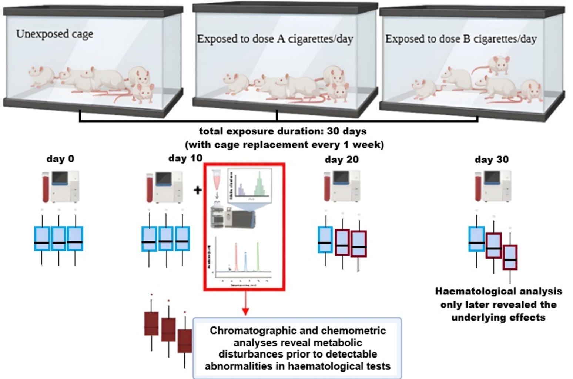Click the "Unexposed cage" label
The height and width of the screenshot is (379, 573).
click(x=54, y=34)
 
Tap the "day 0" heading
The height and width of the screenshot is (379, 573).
click(x=60, y=159)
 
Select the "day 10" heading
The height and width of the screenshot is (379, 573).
click(x=185, y=158)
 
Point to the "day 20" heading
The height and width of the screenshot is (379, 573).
click(x=341, y=160)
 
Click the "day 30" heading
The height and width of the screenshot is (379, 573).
click(x=492, y=160)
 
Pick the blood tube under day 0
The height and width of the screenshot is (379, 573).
click(x=46, y=187)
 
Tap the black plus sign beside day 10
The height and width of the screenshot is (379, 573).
click(x=198, y=190)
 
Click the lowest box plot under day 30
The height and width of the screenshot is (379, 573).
click(x=510, y=257)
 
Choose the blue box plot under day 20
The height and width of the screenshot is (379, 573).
click(x=325, y=240)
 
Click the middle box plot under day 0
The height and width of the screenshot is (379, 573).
click(x=58, y=239)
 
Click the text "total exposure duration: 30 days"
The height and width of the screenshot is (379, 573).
click(x=283, y=131)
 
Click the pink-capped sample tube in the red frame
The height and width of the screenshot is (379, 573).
click(x=217, y=179)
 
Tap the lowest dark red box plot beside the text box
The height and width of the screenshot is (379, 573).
click(x=185, y=341)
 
